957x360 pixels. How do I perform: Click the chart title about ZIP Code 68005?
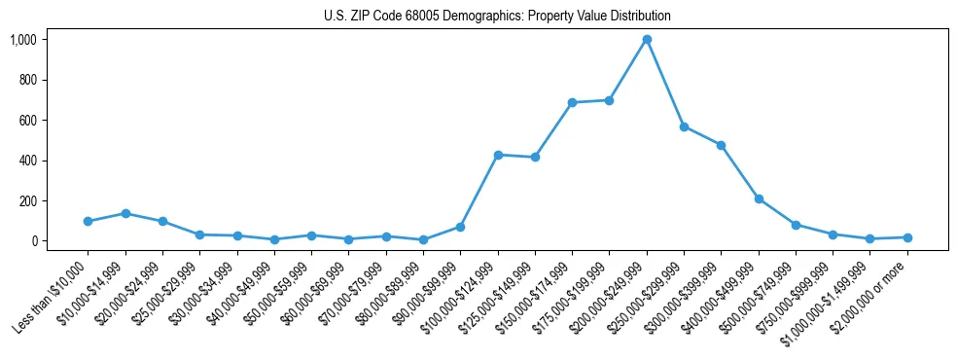coord(497,17)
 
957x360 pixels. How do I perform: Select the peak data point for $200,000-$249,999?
coord(647,40)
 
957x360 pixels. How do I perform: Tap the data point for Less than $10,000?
coord(89,222)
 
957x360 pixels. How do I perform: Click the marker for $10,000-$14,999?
coord(125,213)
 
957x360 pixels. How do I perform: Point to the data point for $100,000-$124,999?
coord(498,155)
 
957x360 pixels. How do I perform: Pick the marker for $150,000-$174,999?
coord(572,102)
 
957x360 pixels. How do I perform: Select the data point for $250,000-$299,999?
coord(684,126)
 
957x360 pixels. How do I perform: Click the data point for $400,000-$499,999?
coord(759,198)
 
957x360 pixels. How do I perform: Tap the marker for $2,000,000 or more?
coord(907,237)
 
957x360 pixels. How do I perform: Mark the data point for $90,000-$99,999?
coord(461,227)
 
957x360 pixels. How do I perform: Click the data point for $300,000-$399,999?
coord(721,145)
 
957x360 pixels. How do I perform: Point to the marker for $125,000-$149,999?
coord(535,158)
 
